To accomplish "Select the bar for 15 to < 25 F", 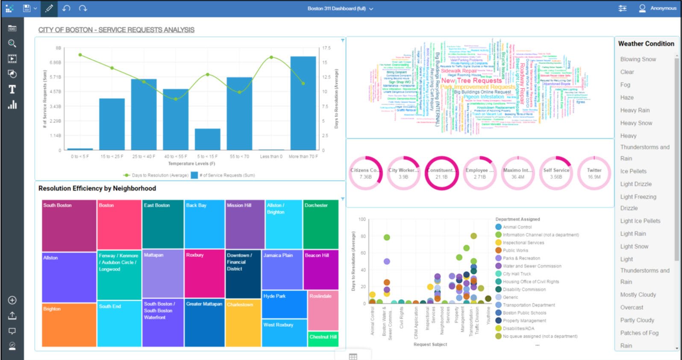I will coord(112,124).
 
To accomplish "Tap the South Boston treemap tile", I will coord(69,225).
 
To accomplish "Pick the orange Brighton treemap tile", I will coord(69,325).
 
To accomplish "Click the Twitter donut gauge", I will coord(594,173).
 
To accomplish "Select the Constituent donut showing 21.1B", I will coord(441,173).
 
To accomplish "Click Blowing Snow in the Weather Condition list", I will coord(638,59).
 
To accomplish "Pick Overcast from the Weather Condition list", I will coord(632,307).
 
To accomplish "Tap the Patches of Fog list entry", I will coord(639,333).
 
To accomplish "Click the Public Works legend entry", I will coord(515,251).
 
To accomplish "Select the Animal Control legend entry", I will coord(517,227).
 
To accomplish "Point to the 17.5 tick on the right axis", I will coord(326,48).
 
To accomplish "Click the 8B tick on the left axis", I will coord(58,48).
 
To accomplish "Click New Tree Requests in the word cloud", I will coord(471,80).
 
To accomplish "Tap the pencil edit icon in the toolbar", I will coord(49,9).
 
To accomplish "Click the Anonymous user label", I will coord(663,8).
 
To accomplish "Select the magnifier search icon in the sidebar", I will coord(12,44).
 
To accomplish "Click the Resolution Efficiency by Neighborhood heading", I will coord(97,188).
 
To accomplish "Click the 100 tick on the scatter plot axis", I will coord(362,220).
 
